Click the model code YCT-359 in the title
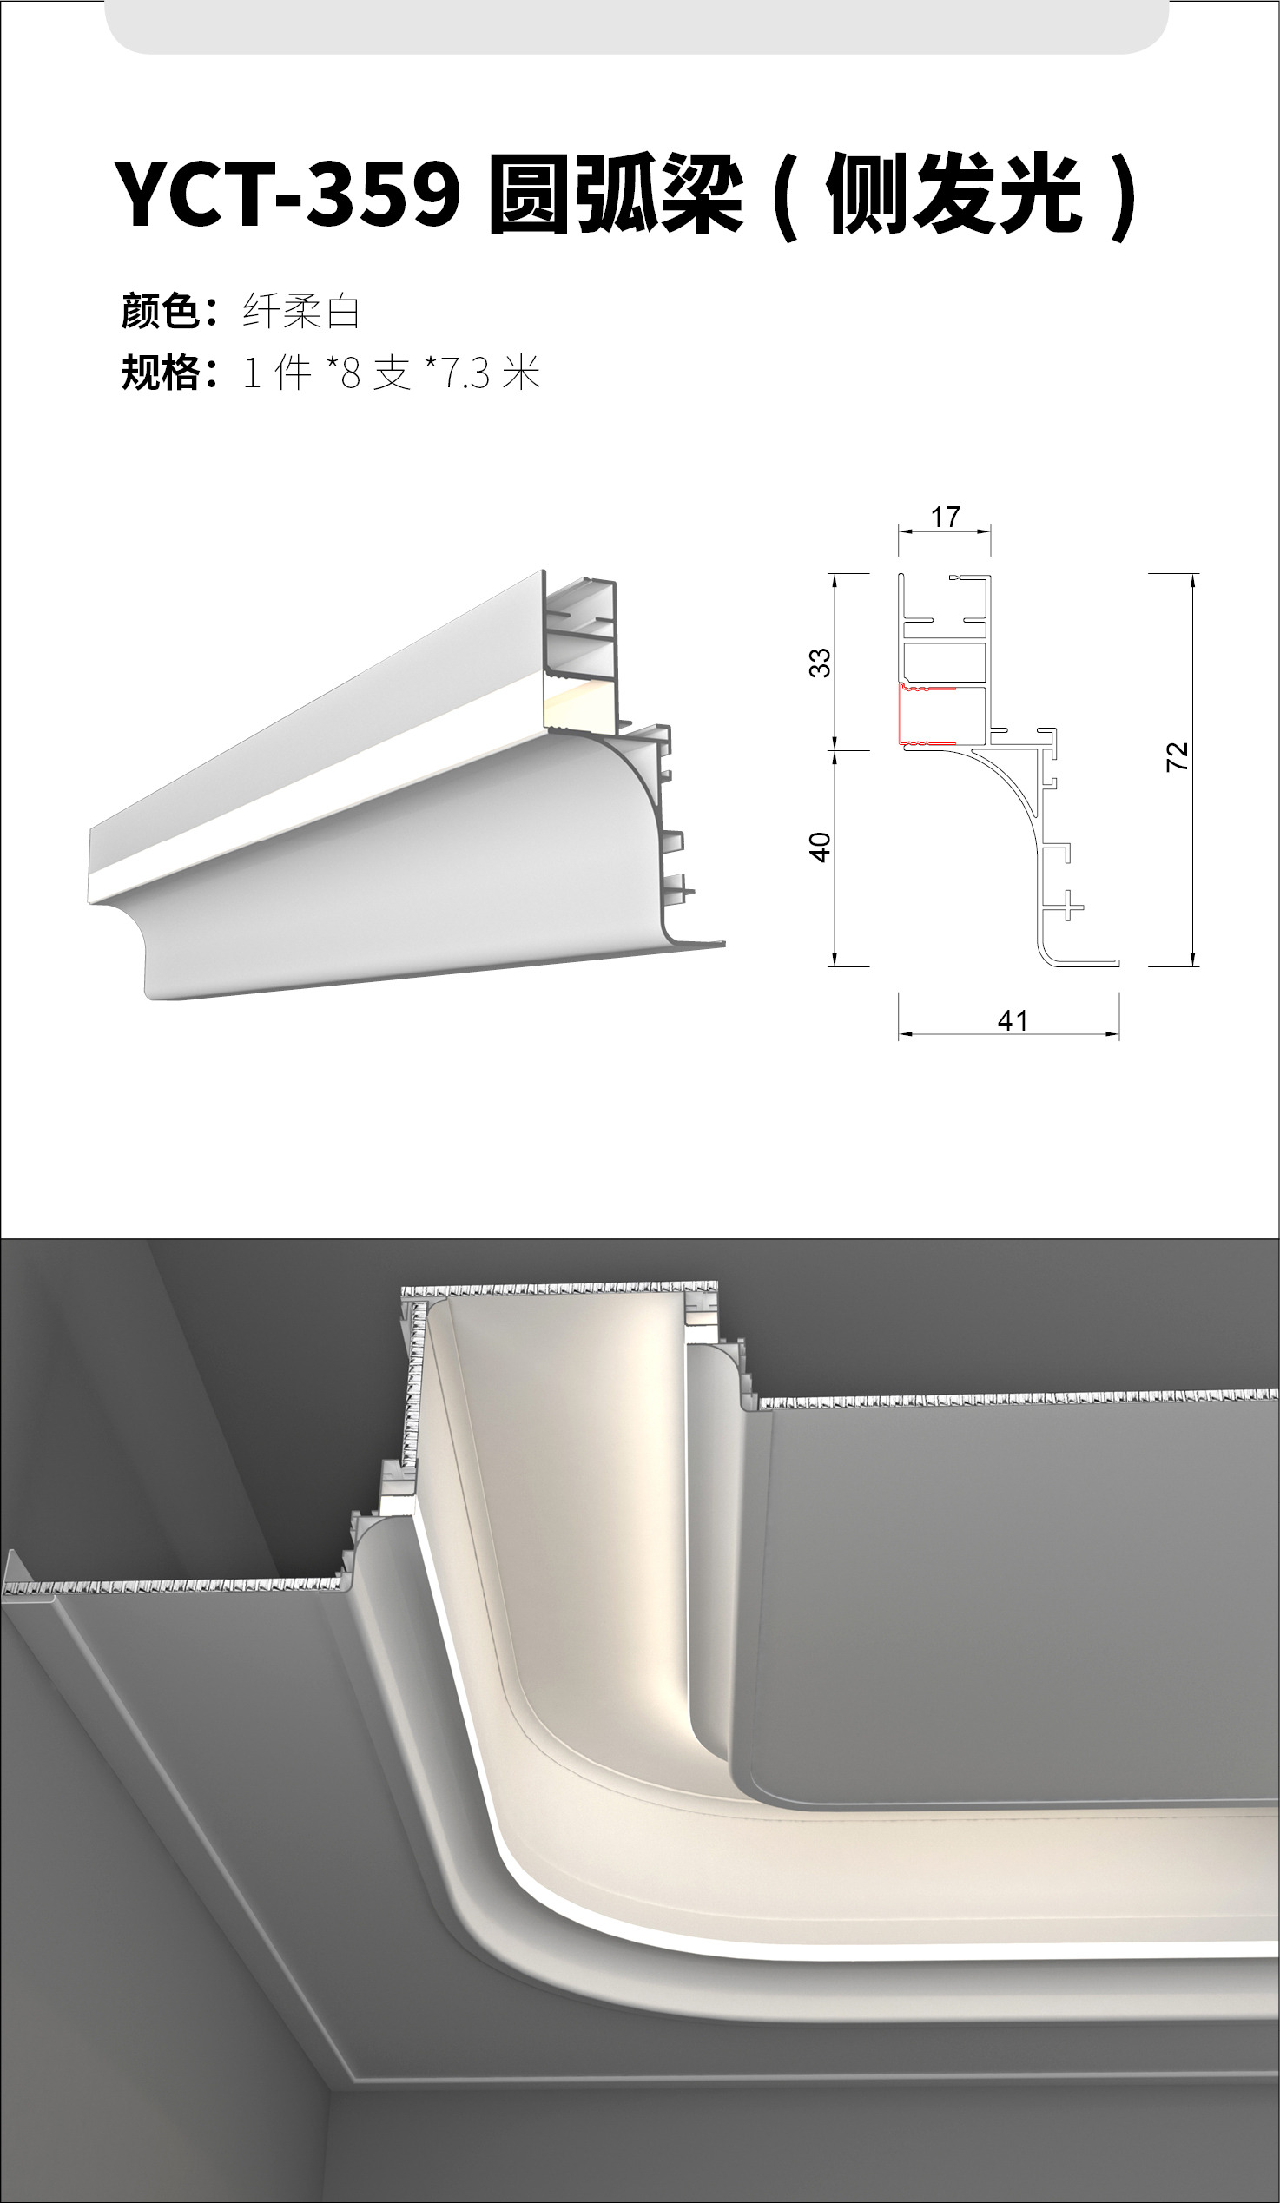pos(287,194)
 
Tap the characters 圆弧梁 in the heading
pos(616,194)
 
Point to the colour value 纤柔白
pos(300,311)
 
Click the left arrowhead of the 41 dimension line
pos(906,1034)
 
